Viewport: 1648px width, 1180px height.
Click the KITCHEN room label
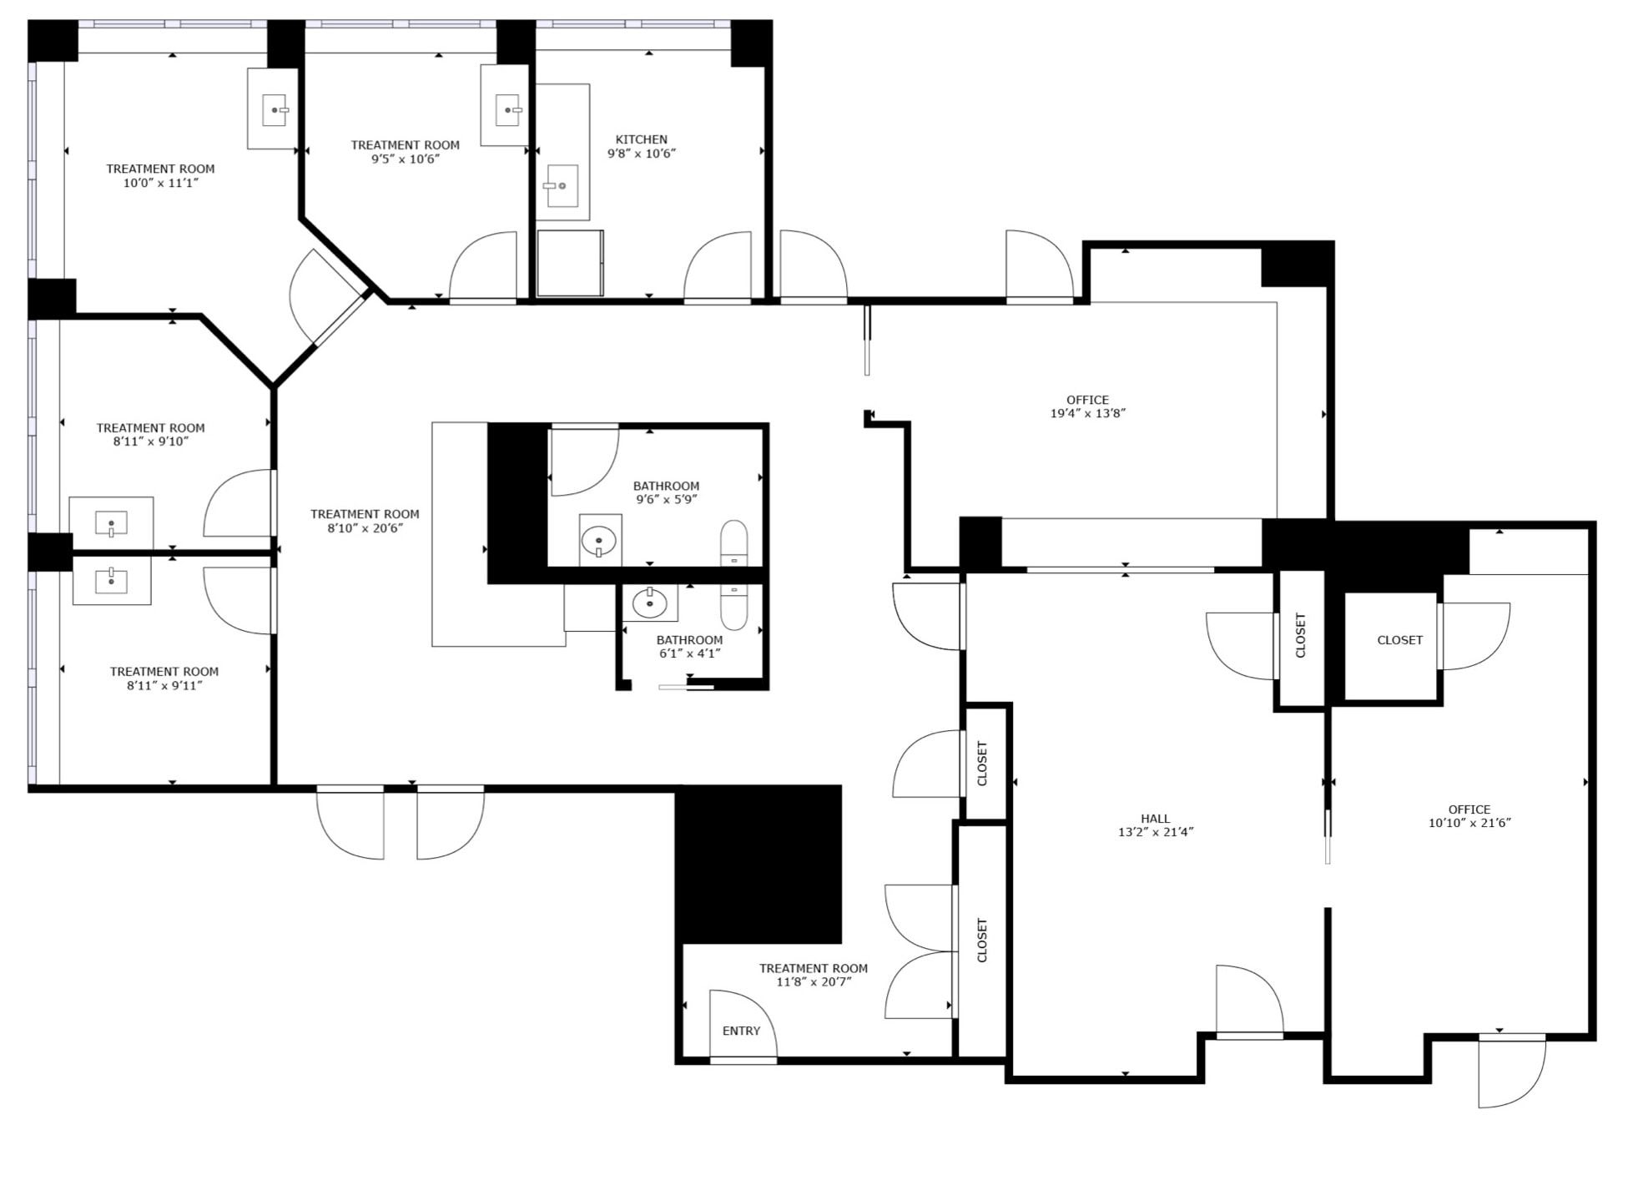click(x=641, y=139)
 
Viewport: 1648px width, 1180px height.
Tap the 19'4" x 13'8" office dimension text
click(x=1087, y=413)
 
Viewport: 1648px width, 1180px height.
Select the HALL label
click(x=1155, y=819)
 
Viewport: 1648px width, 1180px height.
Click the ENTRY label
click(x=741, y=1031)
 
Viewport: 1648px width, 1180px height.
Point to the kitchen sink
click(x=562, y=185)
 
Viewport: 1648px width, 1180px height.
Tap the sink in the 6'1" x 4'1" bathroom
click(x=649, y=603)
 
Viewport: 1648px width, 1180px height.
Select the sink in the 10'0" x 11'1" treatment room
click(x=274, y=110)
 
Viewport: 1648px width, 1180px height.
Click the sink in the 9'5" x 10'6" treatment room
click(x=507, y=110)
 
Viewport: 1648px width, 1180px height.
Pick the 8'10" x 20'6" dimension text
click(x=365, y=528)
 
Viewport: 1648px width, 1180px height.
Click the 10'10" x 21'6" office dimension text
click(x=1469, y=823)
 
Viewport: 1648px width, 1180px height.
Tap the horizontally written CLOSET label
click(x=1399, y=640)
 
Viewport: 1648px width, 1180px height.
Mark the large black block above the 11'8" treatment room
click(x=758, y=864)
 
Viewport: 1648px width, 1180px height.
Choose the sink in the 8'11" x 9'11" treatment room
click(x=111, y=580)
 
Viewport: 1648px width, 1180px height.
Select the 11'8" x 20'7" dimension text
click(x=813, y=982)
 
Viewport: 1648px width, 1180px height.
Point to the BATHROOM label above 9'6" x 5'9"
click(x=666, y=486)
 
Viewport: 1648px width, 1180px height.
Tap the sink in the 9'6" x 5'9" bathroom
click(x=598, y=541)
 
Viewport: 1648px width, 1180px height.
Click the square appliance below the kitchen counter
click(x=570, y=263)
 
